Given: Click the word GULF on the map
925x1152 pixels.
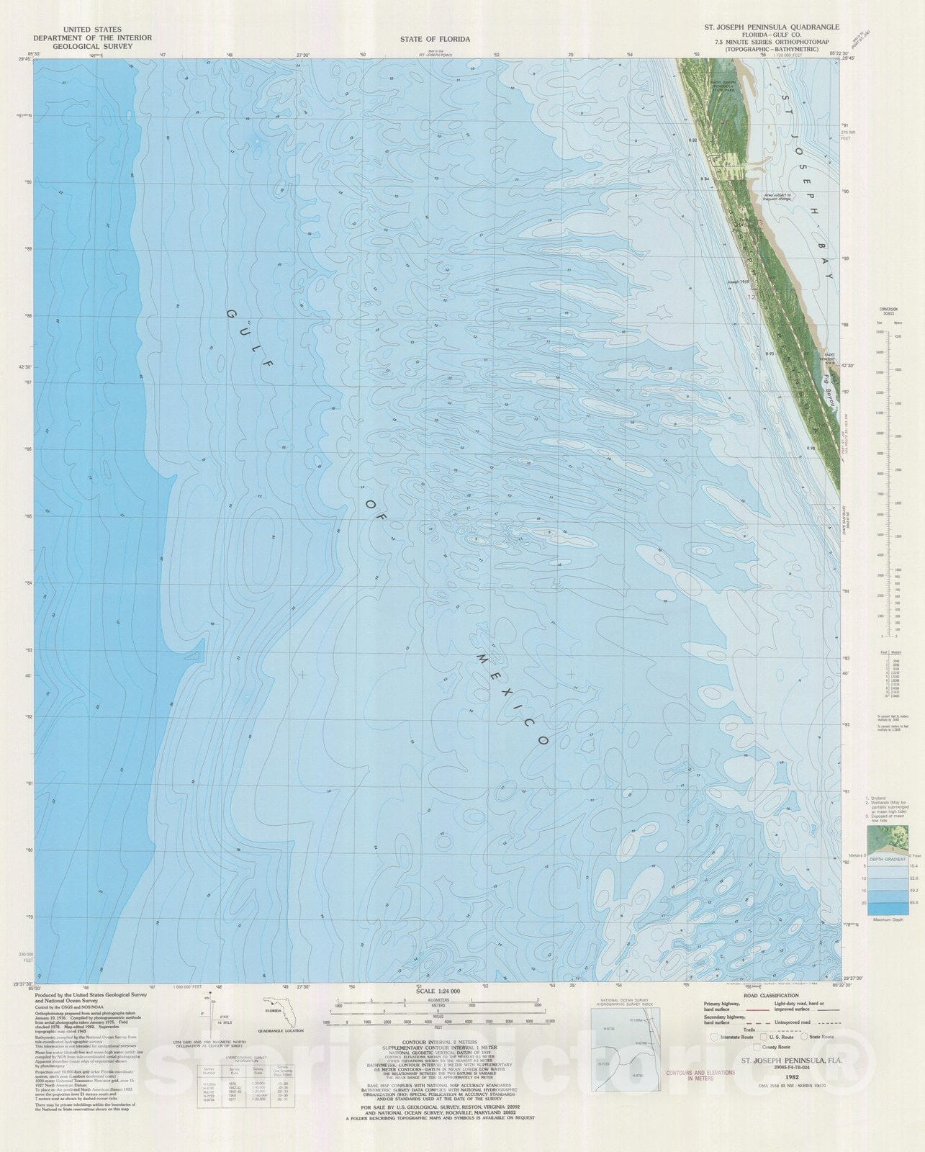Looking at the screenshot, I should pyautogui.click(x=251, y=338).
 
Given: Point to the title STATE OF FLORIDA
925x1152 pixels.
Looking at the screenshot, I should pyautogui.click(x=435, y=39).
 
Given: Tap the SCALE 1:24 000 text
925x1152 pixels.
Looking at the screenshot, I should pyautogui.click(x=435, y=991).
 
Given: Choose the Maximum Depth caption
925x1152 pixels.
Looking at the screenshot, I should pyautogui.click(x=888, y=919).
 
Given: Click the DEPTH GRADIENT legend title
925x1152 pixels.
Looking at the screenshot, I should pyautogui.click(x=886, y=859).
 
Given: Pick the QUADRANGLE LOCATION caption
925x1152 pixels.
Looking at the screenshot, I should pyautogui.click(x=286, y=1031).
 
